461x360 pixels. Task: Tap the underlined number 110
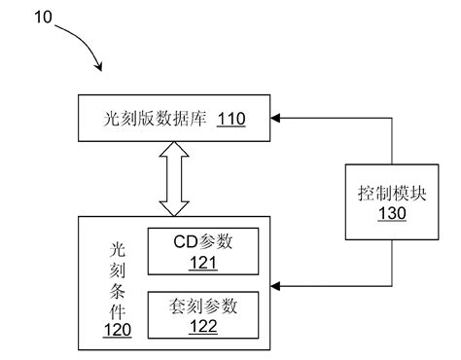[x=230, y=120]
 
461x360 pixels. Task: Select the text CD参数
[x=202, y=240]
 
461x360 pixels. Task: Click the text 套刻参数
[x=202, y=305]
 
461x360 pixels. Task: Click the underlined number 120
[x=116, y=331]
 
